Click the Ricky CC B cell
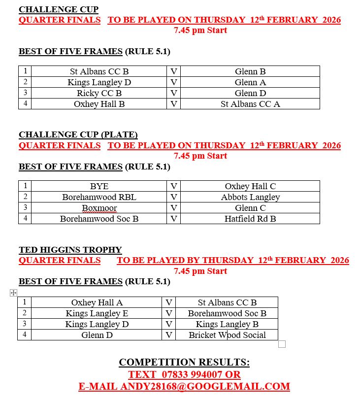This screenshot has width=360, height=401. tap(99, 93)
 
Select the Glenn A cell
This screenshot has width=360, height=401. tap(250, 82)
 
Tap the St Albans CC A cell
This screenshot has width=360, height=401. tap(250, 104)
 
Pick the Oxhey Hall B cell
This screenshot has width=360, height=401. tap(99, 104)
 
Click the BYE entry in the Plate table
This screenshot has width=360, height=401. tap(99, 186)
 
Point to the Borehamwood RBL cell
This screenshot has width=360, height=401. tap(99, 197)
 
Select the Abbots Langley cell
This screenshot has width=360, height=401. tap(250, 197)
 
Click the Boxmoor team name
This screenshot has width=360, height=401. tap(99, 208)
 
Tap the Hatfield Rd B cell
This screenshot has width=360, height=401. tap(250, 219)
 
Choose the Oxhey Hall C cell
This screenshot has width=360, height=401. tap(250, 186)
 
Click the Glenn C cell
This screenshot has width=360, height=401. tap(250, 208)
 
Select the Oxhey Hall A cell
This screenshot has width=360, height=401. tap(97, 302)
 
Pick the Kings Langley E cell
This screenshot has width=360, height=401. tap(97, 313)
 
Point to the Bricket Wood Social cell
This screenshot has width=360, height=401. tap(227, 335)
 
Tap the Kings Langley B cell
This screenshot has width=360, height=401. tap(227, 324)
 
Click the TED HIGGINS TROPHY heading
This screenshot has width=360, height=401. tap(70, 250)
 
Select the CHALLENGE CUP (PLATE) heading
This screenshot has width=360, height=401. tap(78, 134)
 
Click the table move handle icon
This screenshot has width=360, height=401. tap(13, 293)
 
